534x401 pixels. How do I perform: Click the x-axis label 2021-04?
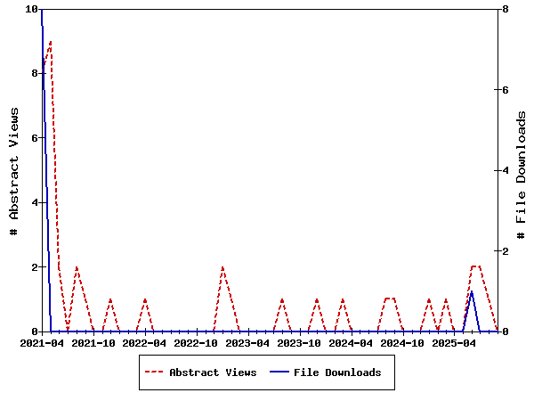[x=42, y=342]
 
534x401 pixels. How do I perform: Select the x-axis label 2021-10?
[x=93, y=342]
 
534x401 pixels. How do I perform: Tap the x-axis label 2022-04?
[x=145, y=342]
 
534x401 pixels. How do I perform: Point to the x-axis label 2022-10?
[x=197, y=342]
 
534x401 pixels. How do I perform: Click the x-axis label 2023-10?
[x=300, y=342]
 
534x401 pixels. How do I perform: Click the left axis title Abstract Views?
[x=14, y=170]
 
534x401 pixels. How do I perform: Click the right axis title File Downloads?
[x=522, y=170]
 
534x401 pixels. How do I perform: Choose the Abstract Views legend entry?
[x=213, y=372]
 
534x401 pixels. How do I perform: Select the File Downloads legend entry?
[x=337, y=372]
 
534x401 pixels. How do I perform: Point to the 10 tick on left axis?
[x=32, y=9]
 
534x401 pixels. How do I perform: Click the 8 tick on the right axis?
[x=505, y=9]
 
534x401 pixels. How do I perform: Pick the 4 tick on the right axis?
[x=505, y=170]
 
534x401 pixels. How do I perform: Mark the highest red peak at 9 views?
[x=51, y=42]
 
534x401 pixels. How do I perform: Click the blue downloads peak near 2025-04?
[x=472, y=291]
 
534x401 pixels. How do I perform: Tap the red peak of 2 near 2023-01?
[x=222, y=267]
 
